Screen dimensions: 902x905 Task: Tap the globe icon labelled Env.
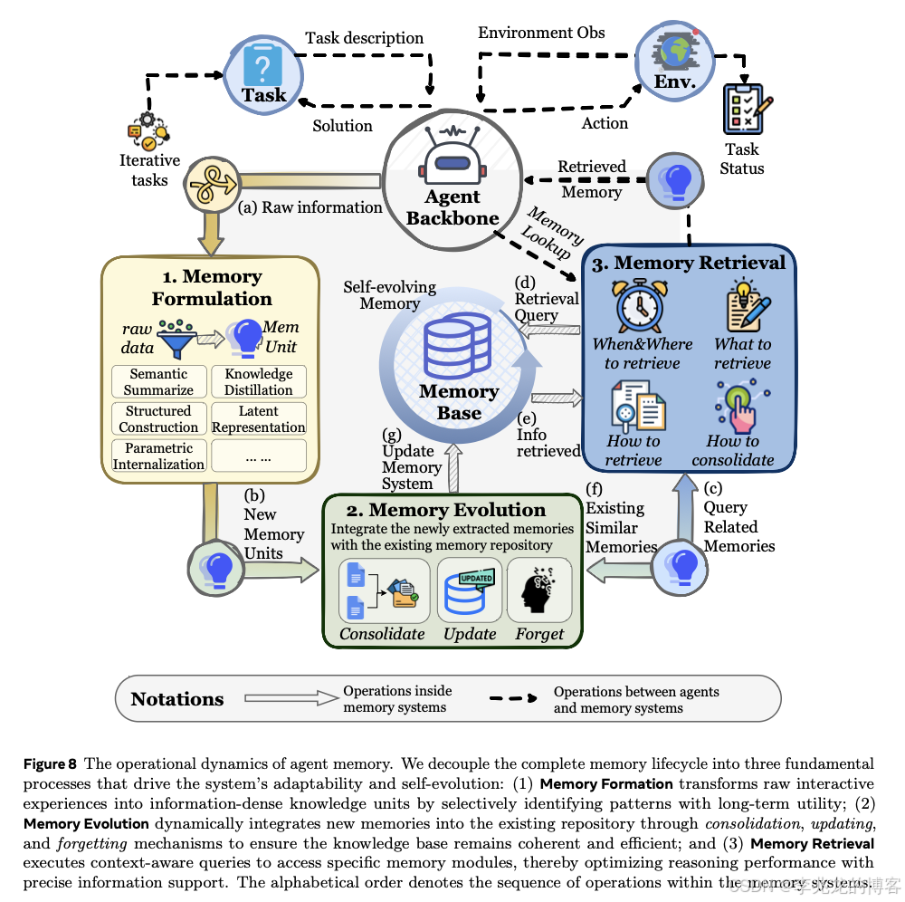pos(673,53)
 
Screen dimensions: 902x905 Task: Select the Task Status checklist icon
pos(742,110)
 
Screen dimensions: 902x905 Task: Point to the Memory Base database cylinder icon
pos(458,348)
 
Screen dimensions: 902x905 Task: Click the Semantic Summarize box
pos(158,382)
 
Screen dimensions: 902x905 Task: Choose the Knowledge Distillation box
pos(259,382)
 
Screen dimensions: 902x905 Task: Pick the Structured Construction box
pos(158,419)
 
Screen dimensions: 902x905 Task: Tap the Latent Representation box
pos(259,419)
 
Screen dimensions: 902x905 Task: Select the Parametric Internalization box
pos(158,456)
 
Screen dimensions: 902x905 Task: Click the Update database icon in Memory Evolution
pos(470,591)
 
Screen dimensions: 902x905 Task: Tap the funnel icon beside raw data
pos(177,338)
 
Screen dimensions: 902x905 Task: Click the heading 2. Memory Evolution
pos(446,510)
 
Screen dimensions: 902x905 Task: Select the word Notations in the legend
pos(177,699)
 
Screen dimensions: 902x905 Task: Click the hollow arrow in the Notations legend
pos(290,699)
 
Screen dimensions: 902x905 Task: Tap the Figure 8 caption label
pos(50,763)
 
